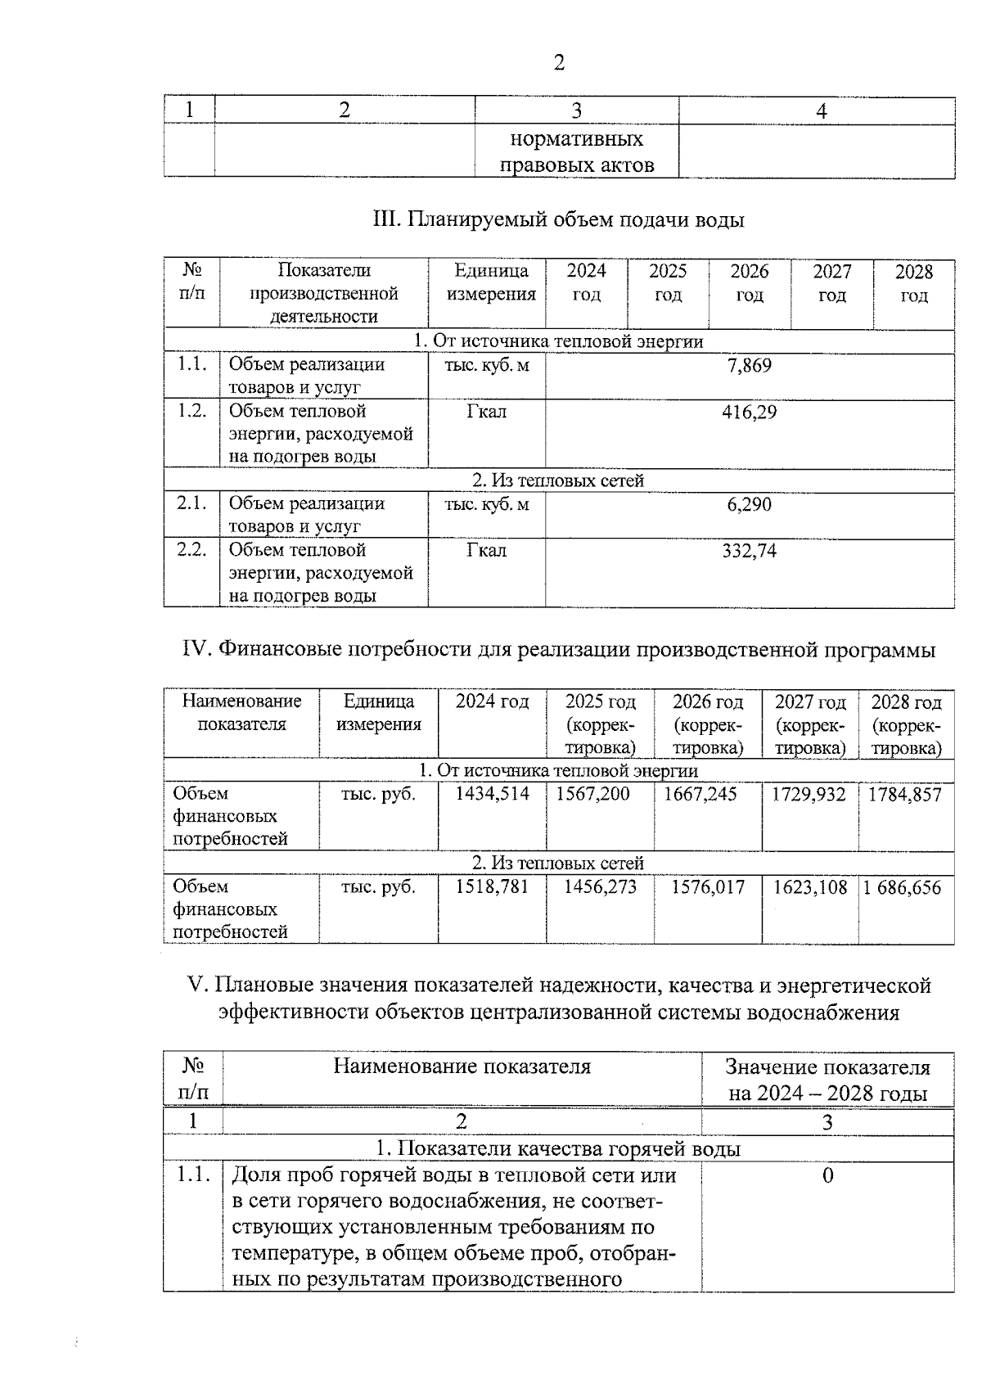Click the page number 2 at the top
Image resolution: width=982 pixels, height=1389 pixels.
pyautogui.click(x=559, y=63)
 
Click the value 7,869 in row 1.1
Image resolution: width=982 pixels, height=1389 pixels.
pyautogui.click(x=749, y=366)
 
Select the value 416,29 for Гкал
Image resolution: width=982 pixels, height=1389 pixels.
pyautogui.click(x=749, y=413)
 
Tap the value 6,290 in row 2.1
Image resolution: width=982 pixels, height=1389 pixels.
pyautogui.click(x=749, y=505)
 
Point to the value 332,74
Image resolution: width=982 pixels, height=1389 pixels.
pyautogui.click(x=749, y=552)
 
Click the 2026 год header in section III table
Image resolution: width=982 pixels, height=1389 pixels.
pyautogui.click(x=750, y=283)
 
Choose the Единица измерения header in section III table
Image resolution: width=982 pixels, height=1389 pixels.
pyautogui.click(x=491, y=283)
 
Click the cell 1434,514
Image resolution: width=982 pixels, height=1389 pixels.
pyautogui.click(x=493, y=795)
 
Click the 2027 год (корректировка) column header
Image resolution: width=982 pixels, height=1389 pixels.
pyautogui.click(x=810, y=725)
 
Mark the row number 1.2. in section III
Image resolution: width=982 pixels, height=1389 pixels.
pyautogui.click(x=192, y=411)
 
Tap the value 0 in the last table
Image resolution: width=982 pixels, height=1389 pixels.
pyautogui.click(x=827, y=1176)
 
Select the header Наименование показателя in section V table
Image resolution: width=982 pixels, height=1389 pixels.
pyautogui.click(x=462, y=1067)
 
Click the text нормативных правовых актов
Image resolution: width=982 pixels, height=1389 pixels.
pyautogui.click(x=577, y=152)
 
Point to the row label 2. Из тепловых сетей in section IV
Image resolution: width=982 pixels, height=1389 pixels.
pyautogui.click(x=558, y=864)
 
